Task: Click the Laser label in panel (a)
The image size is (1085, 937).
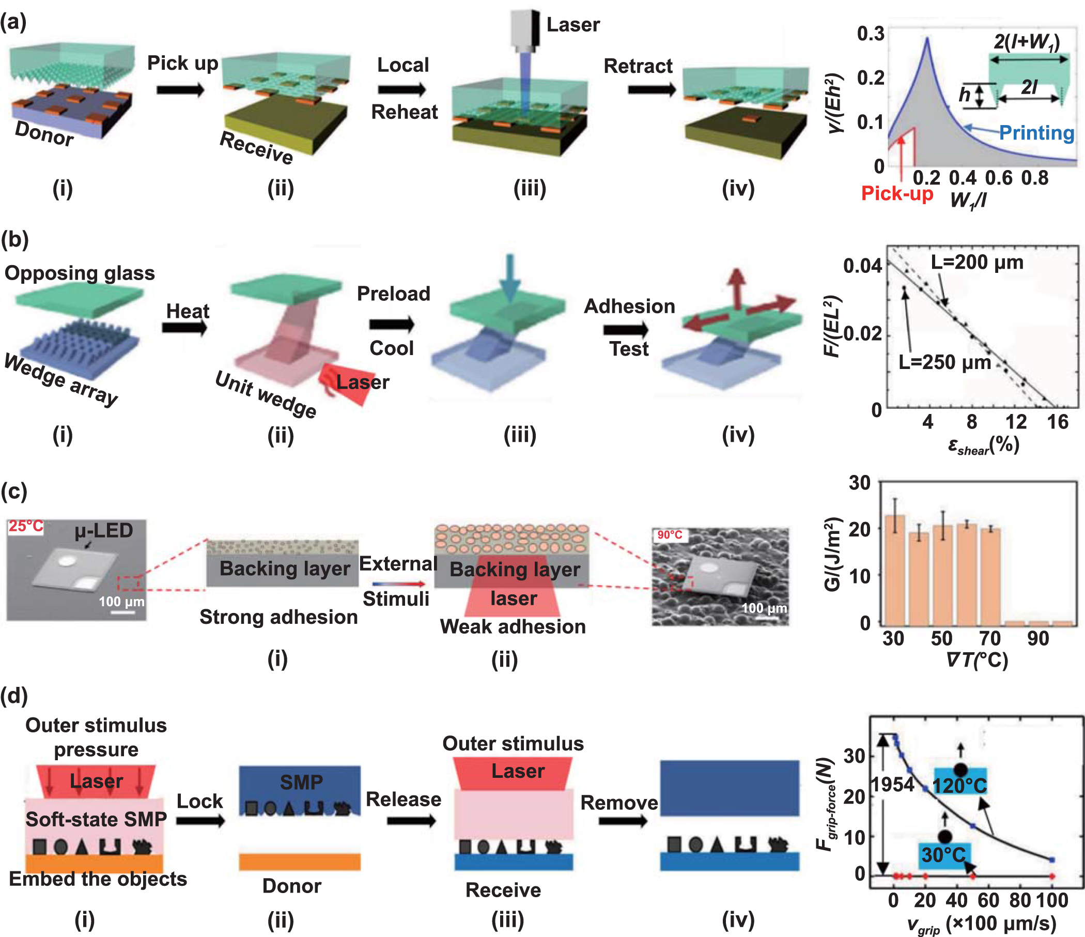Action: [572, 25]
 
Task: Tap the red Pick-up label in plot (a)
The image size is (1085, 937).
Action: [896, 193]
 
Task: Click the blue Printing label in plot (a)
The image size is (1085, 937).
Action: [1036, 132]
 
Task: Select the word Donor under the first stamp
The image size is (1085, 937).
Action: [44, 133]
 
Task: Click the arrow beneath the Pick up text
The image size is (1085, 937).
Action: [180, 89]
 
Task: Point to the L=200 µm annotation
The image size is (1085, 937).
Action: [977, 262]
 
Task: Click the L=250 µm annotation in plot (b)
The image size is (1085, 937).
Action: [944, 362]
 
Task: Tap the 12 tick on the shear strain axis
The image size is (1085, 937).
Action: [1015, 422]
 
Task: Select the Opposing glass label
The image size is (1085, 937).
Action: [80, 273]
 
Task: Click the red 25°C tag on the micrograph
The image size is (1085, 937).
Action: [25, 526]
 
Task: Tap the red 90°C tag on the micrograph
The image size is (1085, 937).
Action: [669, 535]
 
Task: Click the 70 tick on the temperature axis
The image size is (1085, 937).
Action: [990, 639]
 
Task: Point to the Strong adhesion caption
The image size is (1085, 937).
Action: [278, 617]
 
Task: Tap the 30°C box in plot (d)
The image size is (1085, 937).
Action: [943, 855]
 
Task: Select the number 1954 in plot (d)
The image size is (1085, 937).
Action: [892, 784]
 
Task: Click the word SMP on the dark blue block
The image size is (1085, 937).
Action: [301, 782]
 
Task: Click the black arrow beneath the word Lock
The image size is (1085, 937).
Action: [199, 820]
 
